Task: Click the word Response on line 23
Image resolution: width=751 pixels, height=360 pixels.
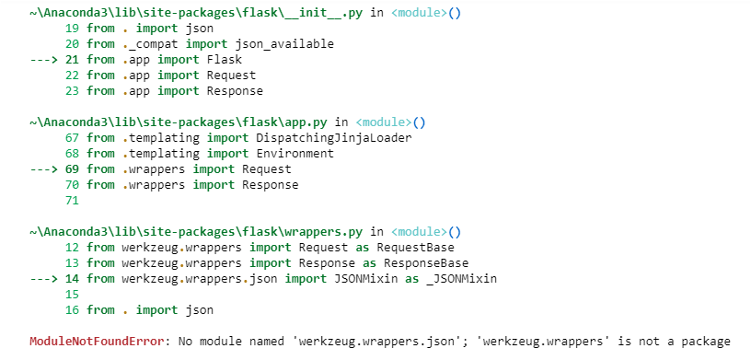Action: [x=233, y=91]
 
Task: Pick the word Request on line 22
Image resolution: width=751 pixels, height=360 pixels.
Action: [x=229, y=75]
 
